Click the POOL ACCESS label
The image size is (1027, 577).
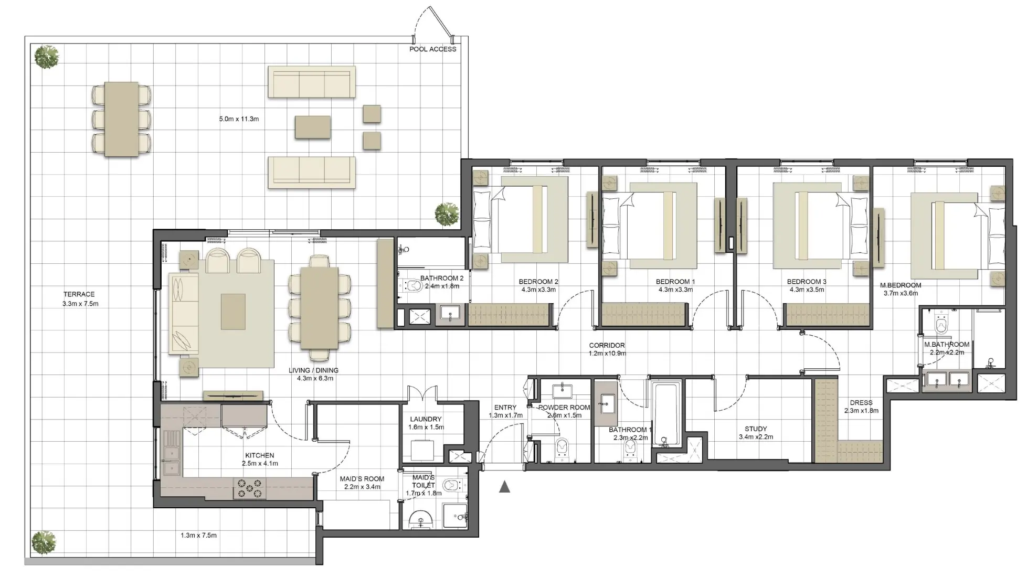point(432,49)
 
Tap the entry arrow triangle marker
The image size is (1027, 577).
point(504,487)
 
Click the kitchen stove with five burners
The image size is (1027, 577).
point(249,488)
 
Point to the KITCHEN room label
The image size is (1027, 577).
point(259,456)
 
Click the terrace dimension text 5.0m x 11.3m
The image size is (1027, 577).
point(239,119)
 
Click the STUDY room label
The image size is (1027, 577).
point(756,429)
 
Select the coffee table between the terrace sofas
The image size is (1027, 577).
point(312,127)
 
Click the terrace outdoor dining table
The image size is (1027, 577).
point(121,119)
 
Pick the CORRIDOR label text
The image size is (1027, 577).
point(607,346)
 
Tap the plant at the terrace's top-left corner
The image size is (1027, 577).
point(47,57)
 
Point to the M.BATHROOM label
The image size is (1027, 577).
point(947,345)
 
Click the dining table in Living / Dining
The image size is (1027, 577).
point(319,308)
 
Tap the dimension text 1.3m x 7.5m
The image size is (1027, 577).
point(198,536)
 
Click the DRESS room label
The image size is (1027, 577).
point(861,403)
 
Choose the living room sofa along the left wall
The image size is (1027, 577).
point(183,313)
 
